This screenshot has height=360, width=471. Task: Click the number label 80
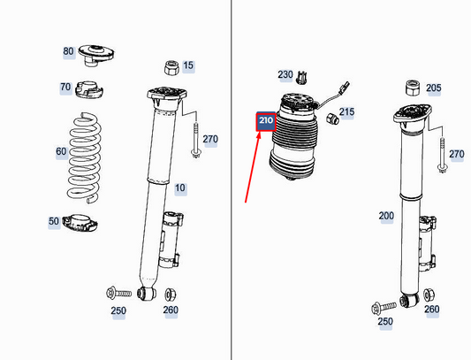pyautogui.click(x=68, y=51)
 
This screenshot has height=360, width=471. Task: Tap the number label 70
pyautogui.click(x=65, y=88)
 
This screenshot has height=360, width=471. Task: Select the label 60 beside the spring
pyautogui.click(x=60, y=151)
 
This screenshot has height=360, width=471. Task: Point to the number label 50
pyautogui.click(x=54, y=220)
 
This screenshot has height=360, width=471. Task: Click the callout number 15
pyautogui.click(x=188, y=65)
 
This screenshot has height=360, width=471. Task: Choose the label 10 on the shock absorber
pyautogui.click(x=180, y=188)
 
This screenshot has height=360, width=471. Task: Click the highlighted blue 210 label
pyautogui.click(x=266, y=121)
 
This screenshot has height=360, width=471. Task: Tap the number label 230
pyautogui.click(x=285, y=75)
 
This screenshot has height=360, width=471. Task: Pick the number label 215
pyautogui.click(x=346, y=112)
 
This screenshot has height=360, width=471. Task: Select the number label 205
pyautogui.click(x=433, y=88)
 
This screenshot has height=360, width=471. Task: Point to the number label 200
pyautogui.click(x=386, y=216)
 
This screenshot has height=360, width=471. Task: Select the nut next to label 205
pyautogui.click(x=411, y=87)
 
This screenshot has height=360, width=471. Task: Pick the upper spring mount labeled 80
pyautogui.click(x=93, y=53)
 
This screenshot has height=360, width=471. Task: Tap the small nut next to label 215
pyautogui.click(x=331, y=119)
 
